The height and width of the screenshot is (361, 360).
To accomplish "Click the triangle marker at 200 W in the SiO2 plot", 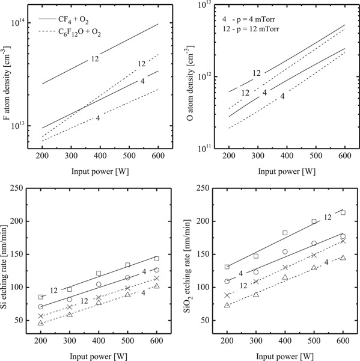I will pyautogui.click(x=227, y=305).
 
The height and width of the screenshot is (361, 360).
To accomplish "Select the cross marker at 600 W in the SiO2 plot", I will pyautogui.click(x=343, y=241).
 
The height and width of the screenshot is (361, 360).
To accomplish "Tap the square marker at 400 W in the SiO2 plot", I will pyautogui.click(x=285, y=233).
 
